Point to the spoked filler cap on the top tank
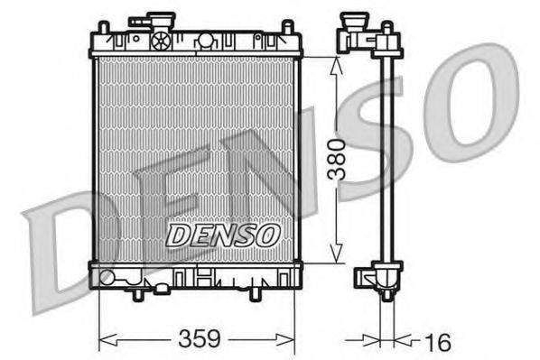click(x=161, y=40)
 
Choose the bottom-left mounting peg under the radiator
click(x=137, y=293)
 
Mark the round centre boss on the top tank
click(x=206, y=40)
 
